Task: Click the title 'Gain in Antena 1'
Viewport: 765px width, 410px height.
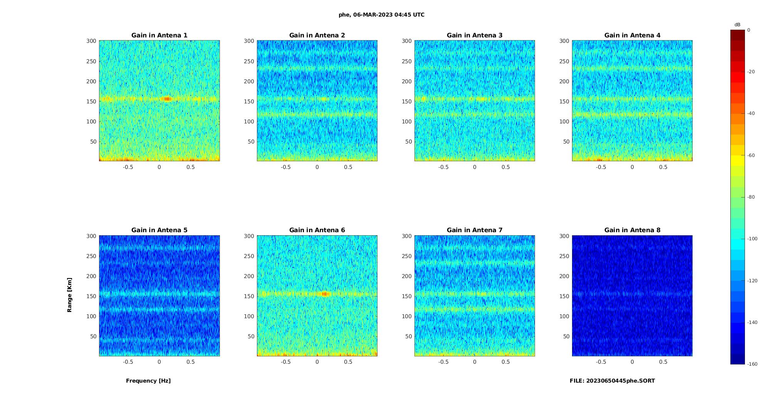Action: click(159, 35)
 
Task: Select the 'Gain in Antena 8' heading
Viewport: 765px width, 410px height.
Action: click(632, 230)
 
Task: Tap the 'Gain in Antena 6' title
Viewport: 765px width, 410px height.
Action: click(317, 230)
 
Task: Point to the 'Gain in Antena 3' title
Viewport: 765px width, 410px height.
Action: click(475, 35)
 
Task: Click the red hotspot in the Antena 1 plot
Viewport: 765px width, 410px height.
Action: click(167, 99)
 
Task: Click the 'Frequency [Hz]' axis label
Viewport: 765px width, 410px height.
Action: click(148, 381)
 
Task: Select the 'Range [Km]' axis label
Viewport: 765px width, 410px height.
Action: click(70, 295)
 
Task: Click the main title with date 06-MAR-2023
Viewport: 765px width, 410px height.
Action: click(381, 15)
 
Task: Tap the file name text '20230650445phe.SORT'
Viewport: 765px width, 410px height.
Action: click(620, 381)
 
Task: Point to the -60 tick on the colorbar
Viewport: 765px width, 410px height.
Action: click(751, 155)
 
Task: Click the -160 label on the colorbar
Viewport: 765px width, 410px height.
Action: click(752, 364)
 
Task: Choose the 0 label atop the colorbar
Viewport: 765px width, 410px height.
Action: click(749, 30)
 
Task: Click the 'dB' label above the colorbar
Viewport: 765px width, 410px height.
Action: click(737, 25)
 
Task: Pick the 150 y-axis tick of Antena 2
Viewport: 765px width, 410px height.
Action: click(249, 101)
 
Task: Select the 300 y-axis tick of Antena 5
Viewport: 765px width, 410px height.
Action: click(91, 236)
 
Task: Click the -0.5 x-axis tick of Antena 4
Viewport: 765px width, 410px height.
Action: click(601, 167)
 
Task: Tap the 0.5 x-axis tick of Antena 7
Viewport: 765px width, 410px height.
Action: click(506, 362)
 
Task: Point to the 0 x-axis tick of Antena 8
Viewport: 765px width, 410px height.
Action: click(632, 362)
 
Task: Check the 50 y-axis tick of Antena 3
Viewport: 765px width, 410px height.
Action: click(409, 142)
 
